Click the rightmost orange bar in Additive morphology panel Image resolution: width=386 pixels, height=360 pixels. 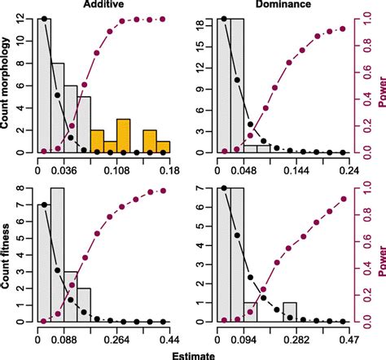click(x=163, y=147)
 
